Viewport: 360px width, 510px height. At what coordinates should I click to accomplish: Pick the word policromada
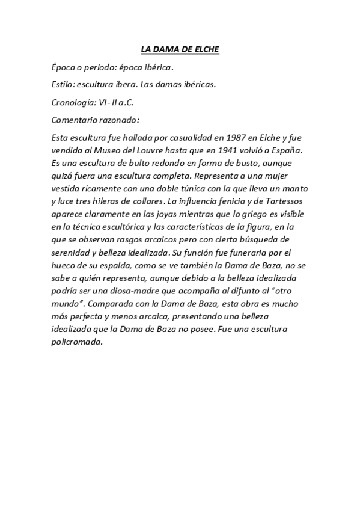[x=78, y=342]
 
